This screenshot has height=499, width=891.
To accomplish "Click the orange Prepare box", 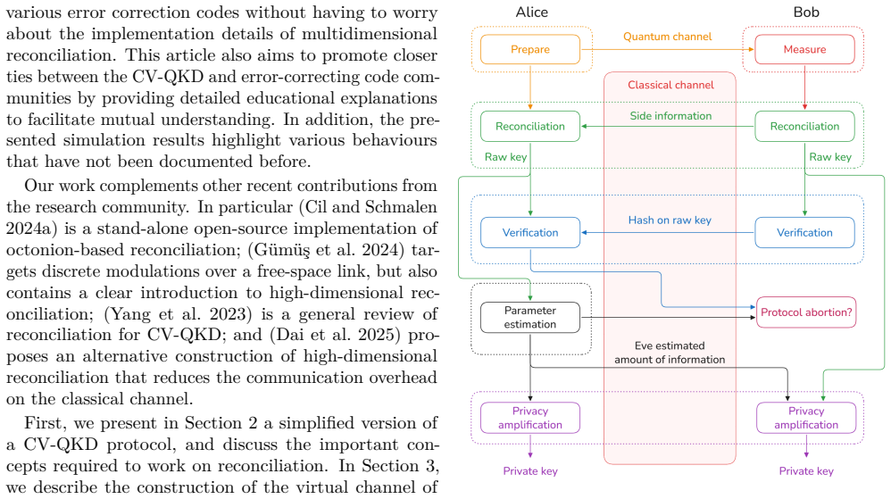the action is (530, 49).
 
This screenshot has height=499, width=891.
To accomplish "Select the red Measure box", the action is (804, 49).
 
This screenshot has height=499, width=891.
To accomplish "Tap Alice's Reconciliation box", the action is (530, 126).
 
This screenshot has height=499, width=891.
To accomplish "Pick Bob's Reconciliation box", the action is (804, 126).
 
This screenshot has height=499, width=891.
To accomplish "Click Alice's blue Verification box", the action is (530, 232).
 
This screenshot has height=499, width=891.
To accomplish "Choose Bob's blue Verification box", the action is (804, 232).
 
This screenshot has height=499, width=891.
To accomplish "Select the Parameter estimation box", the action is (530, 317).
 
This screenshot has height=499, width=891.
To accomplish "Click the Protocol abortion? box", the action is (806, 312).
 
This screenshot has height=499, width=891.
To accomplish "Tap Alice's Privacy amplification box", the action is (530, 418).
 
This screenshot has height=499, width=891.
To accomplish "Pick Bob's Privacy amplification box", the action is (806, 418).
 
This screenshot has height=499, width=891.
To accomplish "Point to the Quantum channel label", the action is (667, 37).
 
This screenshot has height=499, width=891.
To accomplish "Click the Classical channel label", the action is (670, 85).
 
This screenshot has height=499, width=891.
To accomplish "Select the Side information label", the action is (670, 116).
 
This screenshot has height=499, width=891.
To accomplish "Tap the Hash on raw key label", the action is (670, 220).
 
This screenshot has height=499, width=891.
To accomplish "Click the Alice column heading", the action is (532, 12).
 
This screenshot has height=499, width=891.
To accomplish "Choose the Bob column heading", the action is (806, 12).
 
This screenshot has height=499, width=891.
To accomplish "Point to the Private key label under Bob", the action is (806, 471).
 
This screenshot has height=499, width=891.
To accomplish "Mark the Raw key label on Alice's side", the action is (505, 157).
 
